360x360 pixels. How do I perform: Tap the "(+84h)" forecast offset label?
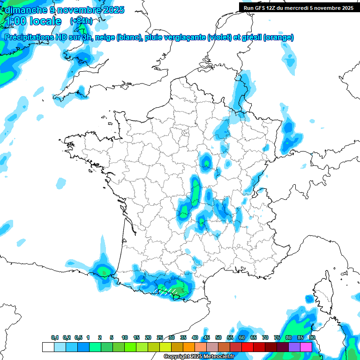point(81,21)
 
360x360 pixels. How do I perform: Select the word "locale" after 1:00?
point(45,21)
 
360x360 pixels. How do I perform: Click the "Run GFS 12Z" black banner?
point(299,7)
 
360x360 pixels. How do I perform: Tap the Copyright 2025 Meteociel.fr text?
point(199,357)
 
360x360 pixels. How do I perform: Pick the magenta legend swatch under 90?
point(306,347)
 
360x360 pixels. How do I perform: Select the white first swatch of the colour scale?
point(48,347)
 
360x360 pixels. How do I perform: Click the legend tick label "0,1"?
point(55,337)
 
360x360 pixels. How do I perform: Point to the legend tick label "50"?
point(218,337)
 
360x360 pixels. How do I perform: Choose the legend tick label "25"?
point(160,337)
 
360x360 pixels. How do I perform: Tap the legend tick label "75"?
point(277,337)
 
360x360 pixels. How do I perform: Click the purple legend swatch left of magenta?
point(294,347)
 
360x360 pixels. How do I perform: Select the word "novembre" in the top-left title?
point(77,10)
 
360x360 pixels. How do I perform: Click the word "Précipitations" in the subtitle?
point(28,37)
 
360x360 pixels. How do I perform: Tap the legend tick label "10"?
point(125,337)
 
